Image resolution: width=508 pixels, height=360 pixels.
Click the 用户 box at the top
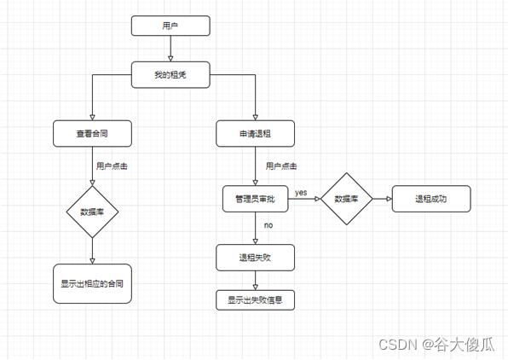click(170, 26)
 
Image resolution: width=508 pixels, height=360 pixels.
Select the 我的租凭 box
click(170, 75)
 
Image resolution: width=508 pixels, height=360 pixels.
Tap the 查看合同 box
click(92, 134)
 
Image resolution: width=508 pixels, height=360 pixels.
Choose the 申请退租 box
click(255, 134)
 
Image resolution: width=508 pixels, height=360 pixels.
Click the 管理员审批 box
click(255, 199)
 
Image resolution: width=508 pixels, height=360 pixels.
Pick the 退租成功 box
click(431, 199)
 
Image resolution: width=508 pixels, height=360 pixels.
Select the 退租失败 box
click(255, 256)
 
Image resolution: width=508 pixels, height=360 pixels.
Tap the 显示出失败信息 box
click(255, 299)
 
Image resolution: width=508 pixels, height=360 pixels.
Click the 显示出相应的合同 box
click(92, 283)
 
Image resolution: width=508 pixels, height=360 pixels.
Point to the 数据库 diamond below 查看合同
click(92, 212)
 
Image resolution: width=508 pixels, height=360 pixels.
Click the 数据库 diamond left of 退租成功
click(346, 199)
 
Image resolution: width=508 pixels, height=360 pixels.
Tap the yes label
click(301, 193)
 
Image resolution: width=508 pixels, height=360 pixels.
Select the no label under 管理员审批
click(268, 226)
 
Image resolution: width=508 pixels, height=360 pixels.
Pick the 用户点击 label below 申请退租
click(281, 166)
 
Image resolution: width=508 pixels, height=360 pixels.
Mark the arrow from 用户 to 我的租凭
click(170, 49)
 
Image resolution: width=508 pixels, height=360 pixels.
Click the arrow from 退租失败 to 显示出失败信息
click(255, 279)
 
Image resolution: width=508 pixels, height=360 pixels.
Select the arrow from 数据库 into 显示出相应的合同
click(92, 251)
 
